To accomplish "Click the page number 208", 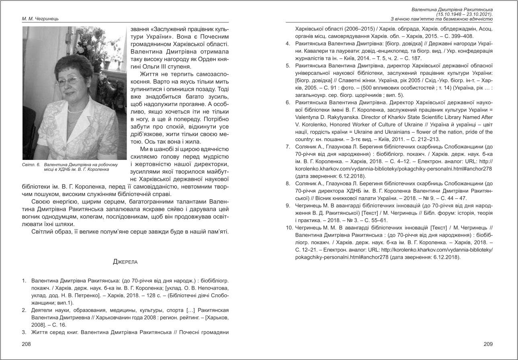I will (26, 344).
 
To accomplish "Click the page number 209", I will (488, 344).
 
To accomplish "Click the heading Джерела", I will (125, 262).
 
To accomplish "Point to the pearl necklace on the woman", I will (76, 110).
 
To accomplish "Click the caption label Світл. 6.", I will (31, 165).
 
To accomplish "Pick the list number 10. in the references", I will (288, 228).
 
